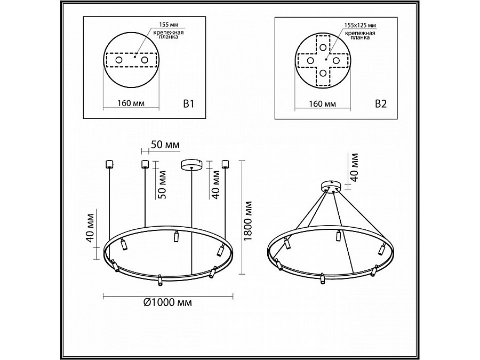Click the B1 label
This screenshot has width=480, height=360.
(x=188, y=104)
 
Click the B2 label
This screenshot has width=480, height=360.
(x=380, y=104)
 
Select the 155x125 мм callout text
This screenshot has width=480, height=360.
(x=360, y=25)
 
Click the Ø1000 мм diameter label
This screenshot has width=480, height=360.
(x=167, y=302)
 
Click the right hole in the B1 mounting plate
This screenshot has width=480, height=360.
(x=144, y=61)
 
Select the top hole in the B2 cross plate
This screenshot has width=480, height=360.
(x=323, y=46)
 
